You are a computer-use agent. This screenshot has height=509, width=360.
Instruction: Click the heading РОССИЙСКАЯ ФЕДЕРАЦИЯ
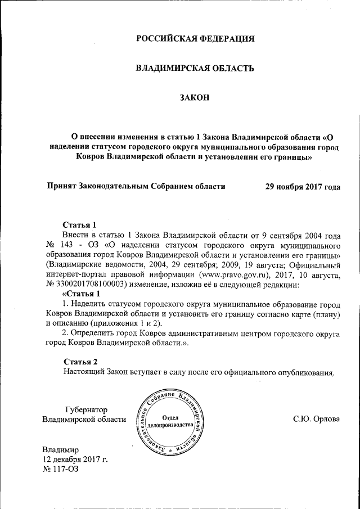195,39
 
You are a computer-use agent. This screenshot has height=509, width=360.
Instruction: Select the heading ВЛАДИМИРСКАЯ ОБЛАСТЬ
195,68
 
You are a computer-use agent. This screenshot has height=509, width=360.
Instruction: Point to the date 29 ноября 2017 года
303,186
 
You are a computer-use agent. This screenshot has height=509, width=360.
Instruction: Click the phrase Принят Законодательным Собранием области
137,186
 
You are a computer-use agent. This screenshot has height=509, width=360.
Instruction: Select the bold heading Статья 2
81,361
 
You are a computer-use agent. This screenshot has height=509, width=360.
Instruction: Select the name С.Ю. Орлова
316,419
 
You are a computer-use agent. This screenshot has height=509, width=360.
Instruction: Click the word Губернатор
86,409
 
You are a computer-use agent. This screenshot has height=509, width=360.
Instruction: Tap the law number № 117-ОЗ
61,470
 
